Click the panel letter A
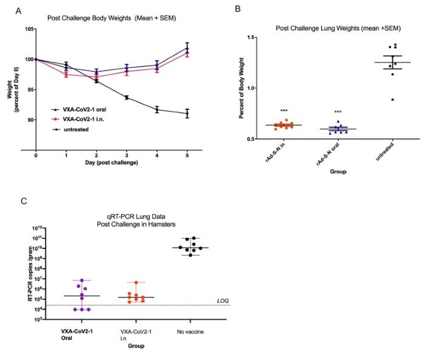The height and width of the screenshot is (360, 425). pyautogui.click(x=19, y=12)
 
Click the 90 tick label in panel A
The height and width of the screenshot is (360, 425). pyautogui.click(x=29, y=120)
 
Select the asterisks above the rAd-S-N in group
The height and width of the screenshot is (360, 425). pyautogui.click(x=284, y=110)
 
